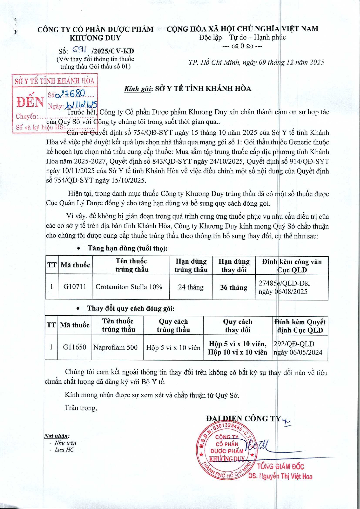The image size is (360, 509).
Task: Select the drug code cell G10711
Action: click(75, 287)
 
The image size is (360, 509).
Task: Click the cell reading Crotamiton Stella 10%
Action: click(129, 287)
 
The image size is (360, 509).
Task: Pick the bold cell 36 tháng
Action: click(234, 287)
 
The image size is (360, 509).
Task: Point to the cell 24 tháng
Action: click(191, 287)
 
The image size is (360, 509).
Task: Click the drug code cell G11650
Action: click(74, 347)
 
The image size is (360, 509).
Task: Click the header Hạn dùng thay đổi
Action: click(234, 265)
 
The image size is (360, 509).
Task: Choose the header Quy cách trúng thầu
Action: click(173, 325)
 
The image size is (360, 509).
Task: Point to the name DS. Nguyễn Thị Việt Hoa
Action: click(280, 476)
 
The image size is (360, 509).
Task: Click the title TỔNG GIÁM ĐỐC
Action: click(280, 466)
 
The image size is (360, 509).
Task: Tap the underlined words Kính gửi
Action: click(138, 89)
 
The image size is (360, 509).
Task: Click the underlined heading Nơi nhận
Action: click(57, 436)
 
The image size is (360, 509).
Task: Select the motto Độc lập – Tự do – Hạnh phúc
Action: click(242, 37)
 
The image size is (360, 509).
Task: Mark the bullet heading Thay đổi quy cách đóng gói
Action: click(131, 308)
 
